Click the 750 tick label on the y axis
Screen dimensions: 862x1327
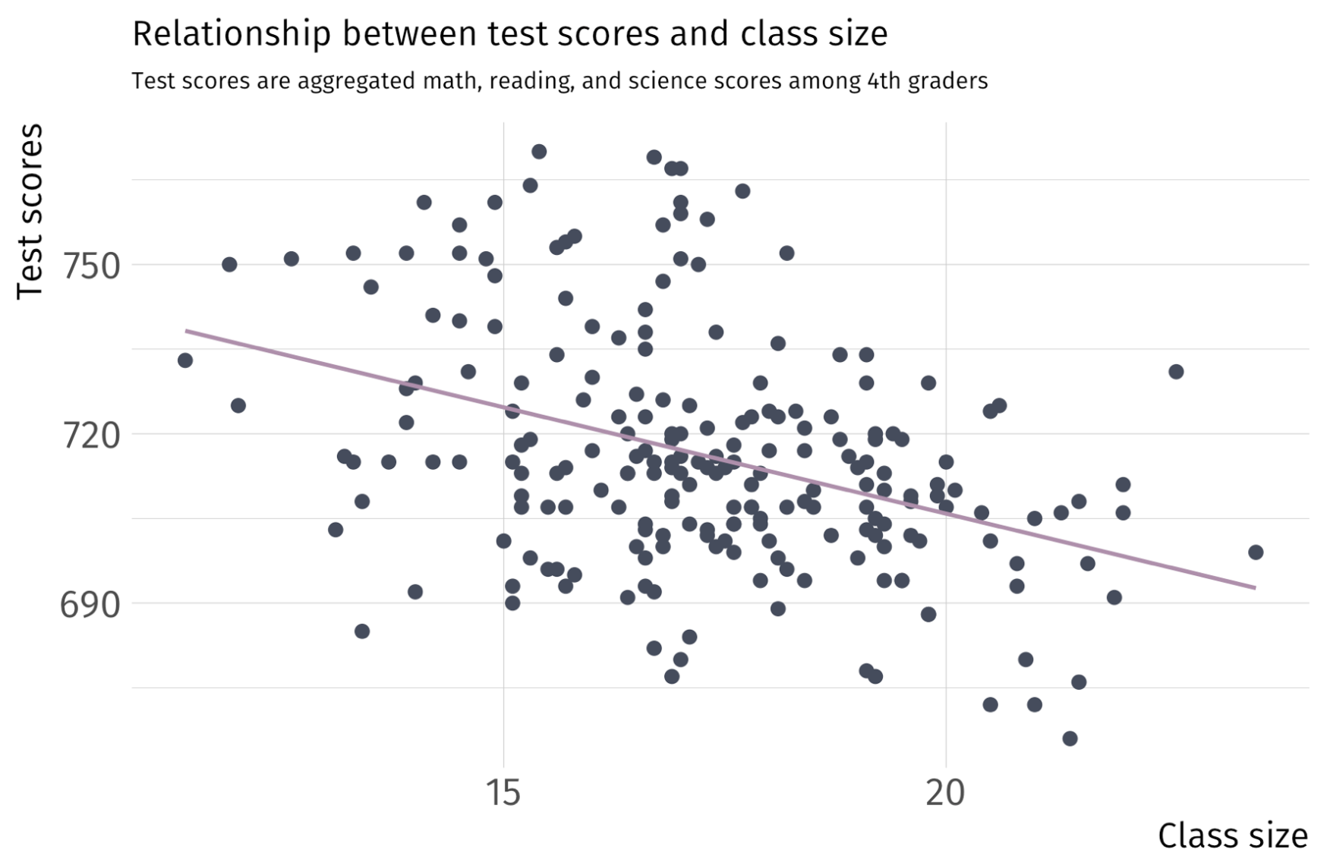90,266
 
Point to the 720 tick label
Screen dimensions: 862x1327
90,436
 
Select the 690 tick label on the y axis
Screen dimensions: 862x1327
90,605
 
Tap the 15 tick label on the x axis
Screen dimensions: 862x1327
503,793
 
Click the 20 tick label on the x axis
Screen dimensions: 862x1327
945,793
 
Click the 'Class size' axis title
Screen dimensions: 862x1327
1232,835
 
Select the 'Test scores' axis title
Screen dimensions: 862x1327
30,212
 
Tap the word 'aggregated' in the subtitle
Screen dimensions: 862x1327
347,81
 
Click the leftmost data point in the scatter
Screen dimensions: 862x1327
185,360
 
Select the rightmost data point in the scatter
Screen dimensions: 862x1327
1256,552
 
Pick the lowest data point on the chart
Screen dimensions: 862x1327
1070,738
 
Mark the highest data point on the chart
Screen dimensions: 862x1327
539,152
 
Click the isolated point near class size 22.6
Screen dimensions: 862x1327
1176,372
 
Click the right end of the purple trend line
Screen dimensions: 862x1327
1254,587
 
